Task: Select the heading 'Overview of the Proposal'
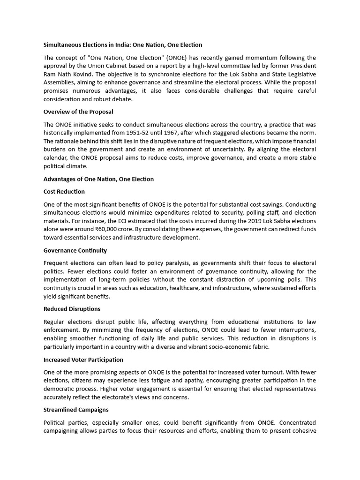[x=78, y=112]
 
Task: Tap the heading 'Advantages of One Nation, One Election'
[x=98, y=179]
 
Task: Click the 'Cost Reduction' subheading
[x=64, y=192]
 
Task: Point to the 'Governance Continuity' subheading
[x=75, y=250]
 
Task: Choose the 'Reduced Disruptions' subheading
[x=72, y=309]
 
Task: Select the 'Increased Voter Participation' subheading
[x=83, y=360]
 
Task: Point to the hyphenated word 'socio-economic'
[x=225, y=347]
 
